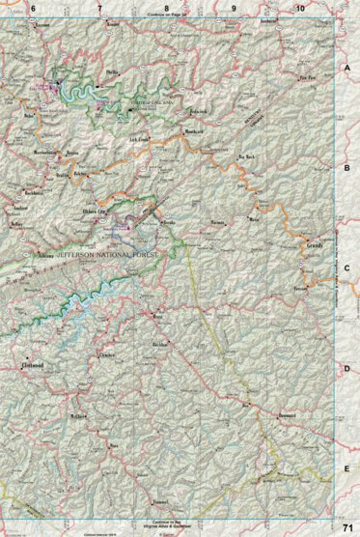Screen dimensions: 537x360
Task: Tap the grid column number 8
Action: pos(166,9)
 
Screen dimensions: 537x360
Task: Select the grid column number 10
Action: pos(300,9)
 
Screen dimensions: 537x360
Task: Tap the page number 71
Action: pos(347,527)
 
